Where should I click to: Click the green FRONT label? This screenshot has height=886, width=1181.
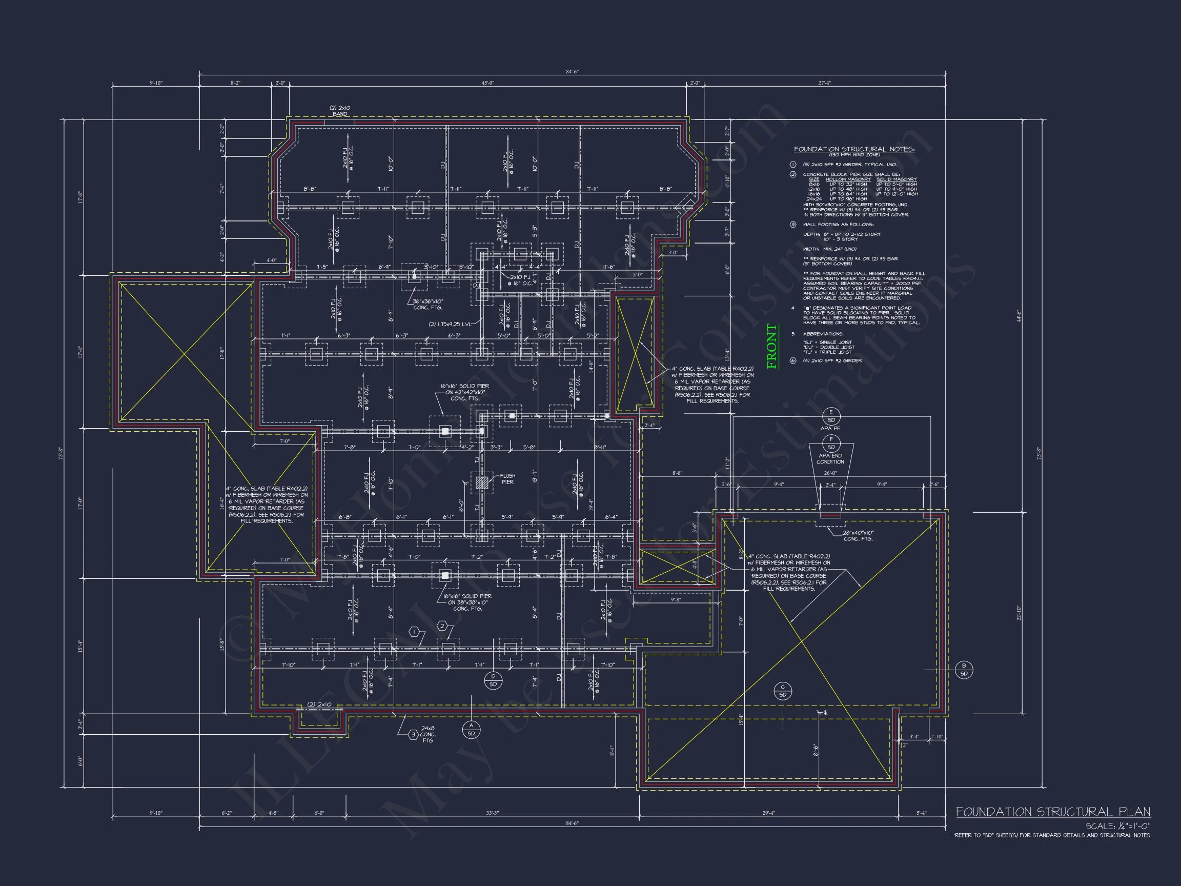(772, 347)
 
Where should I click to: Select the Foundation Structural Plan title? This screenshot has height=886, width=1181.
(1053, 812)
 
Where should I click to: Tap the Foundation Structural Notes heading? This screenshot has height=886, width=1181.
(854, 150)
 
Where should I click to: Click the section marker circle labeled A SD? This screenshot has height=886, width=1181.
(471, 730)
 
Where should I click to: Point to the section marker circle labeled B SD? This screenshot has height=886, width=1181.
(964, 670)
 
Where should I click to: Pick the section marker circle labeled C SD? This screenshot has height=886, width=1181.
(783, 691)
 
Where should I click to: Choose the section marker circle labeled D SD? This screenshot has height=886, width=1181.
(493, 680)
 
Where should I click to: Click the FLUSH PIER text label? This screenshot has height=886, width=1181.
(507, 478)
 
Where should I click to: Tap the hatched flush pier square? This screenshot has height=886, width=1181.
(482, 483)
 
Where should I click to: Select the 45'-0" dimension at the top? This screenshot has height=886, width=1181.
(487, 83)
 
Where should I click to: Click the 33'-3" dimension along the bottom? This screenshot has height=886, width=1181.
(492, 813)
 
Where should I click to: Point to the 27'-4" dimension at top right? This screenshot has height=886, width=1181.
(824, 83)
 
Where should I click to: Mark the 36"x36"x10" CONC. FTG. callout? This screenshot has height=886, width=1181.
(427, 305)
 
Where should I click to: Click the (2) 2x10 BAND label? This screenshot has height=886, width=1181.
(339, 111)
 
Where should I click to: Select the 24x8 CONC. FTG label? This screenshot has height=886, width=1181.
(427, 734)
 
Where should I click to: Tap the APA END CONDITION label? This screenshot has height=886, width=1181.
(830, 459)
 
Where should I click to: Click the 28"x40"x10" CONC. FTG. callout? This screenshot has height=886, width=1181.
(858, 536)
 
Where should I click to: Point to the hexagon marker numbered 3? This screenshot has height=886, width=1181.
(413, 735)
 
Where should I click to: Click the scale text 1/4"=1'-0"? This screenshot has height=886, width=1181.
(1118, 826)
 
